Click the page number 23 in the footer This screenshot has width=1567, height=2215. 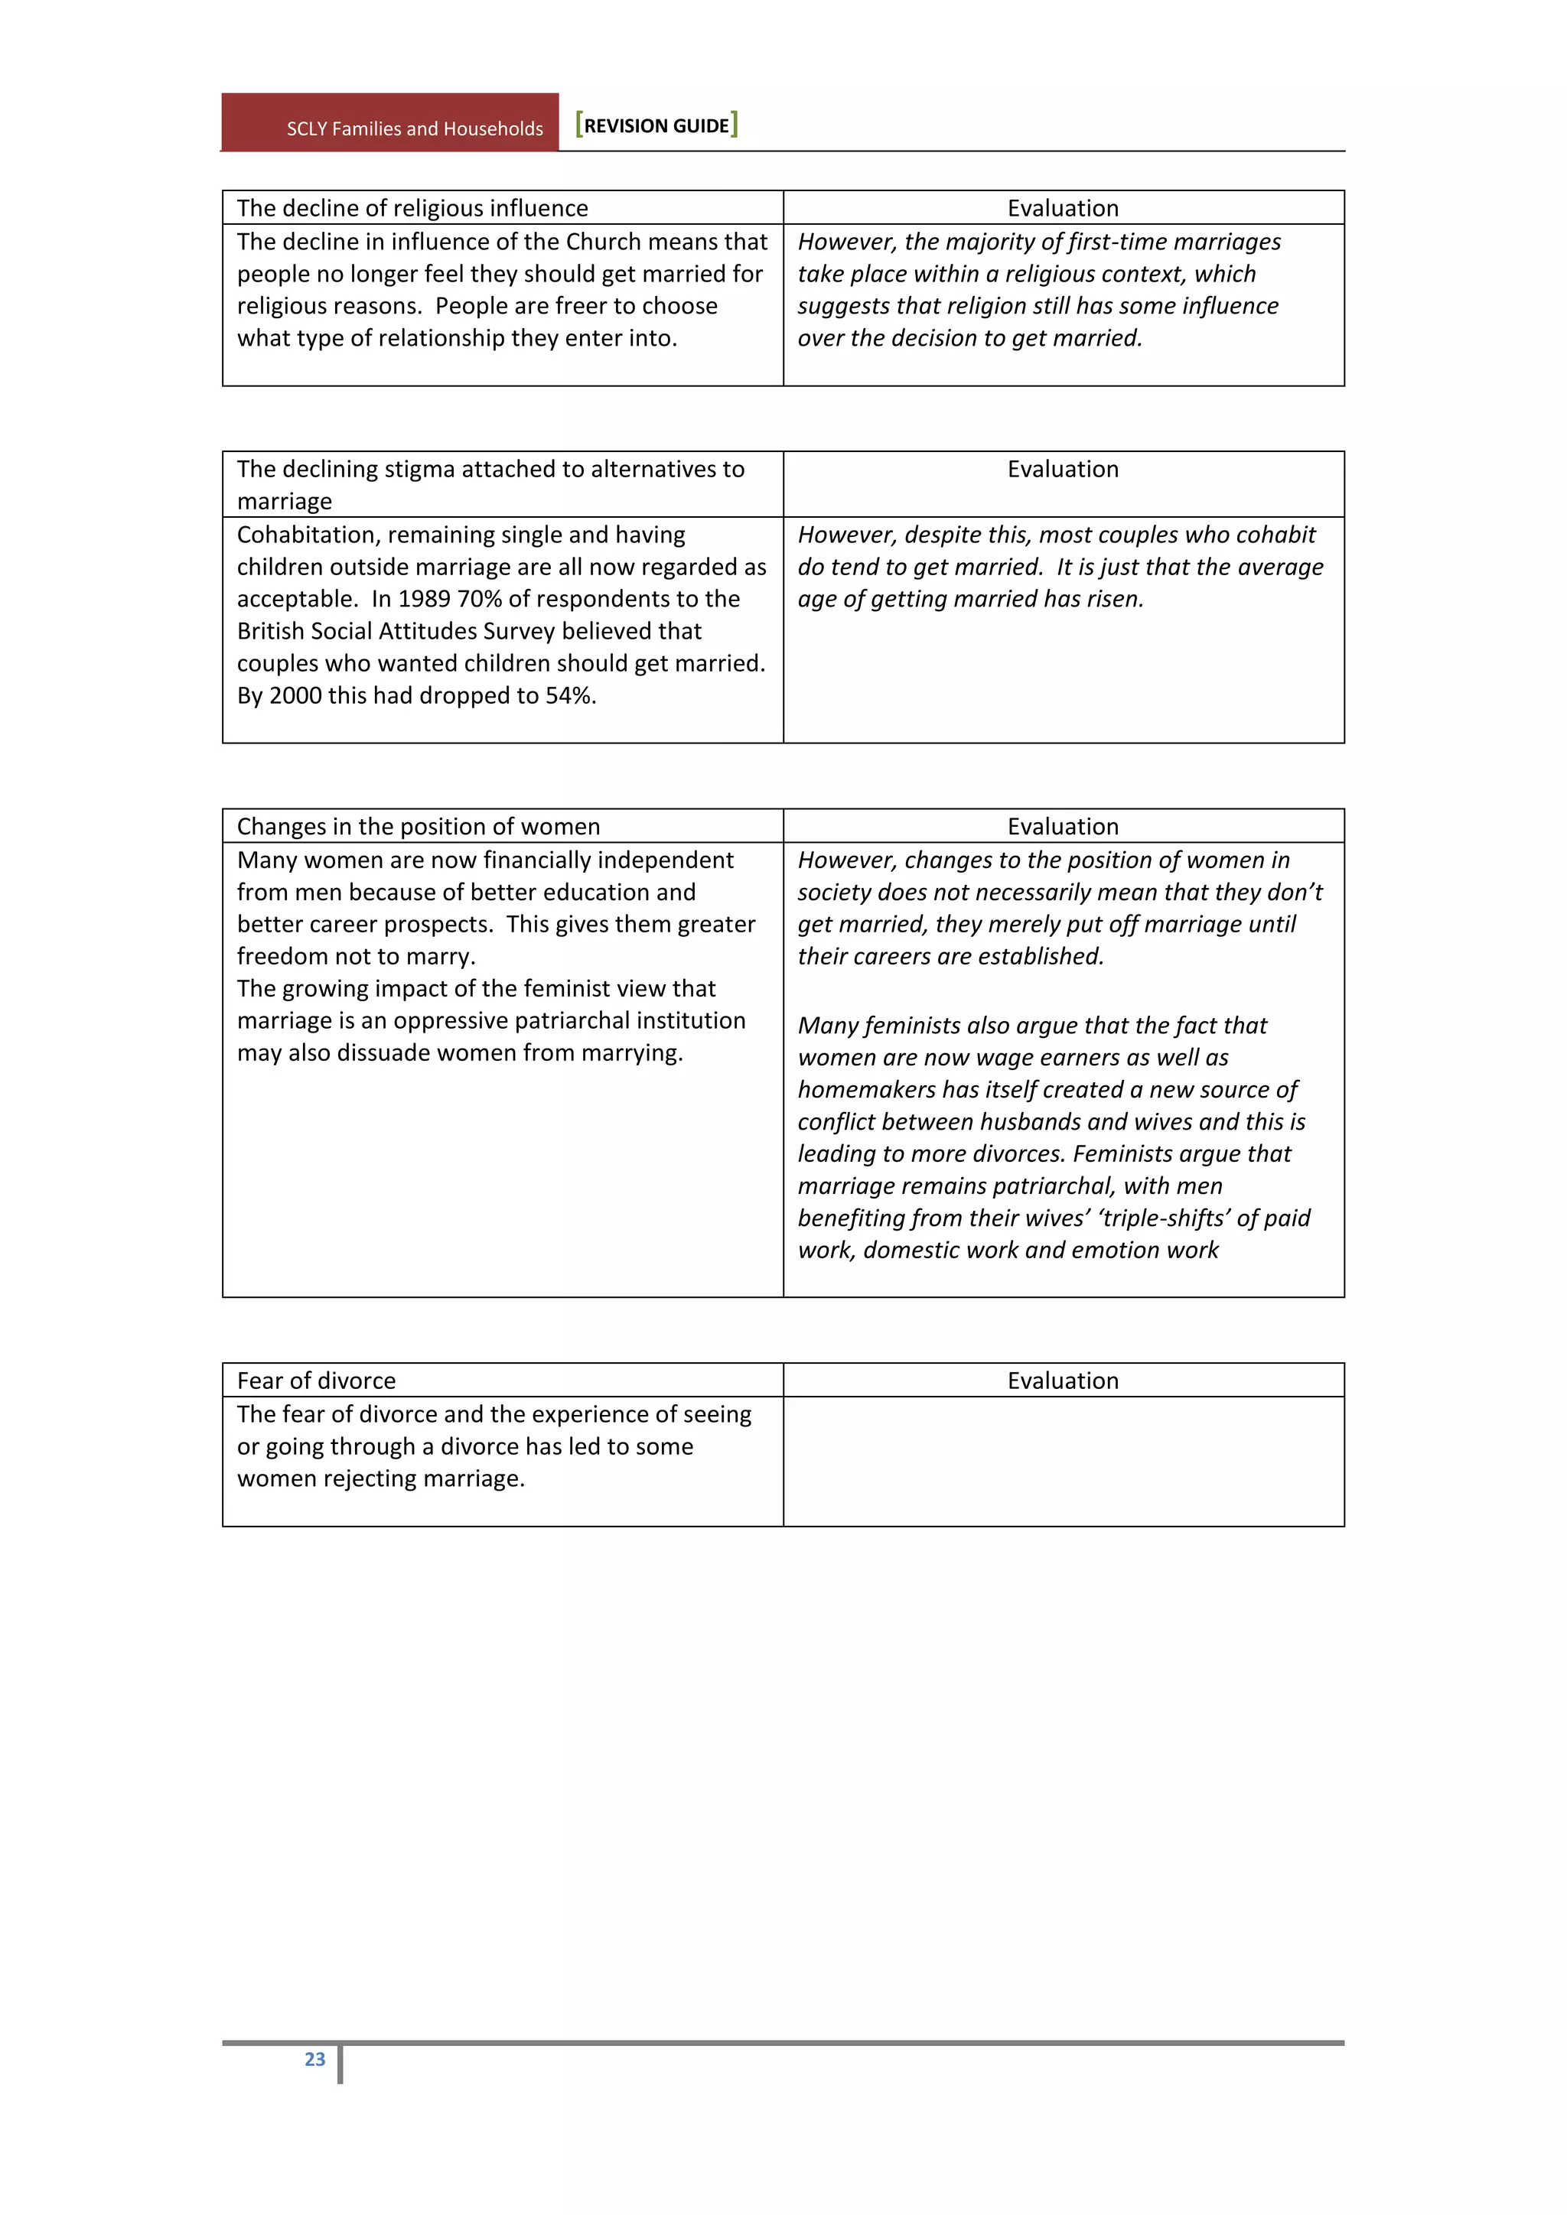click(x=314, y=2059)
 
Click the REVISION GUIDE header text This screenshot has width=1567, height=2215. click(x=656, y=125)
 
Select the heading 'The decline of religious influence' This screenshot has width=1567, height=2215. click(x=412, y=208)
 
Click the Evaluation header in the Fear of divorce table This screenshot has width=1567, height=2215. click(x=1062, y=1381)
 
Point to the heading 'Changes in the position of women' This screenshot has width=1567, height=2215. click(x=418, y=827)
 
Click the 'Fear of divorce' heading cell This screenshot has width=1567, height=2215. click(x=317, y=1381)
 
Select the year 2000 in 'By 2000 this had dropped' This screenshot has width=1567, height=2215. click(x=295, y=695)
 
